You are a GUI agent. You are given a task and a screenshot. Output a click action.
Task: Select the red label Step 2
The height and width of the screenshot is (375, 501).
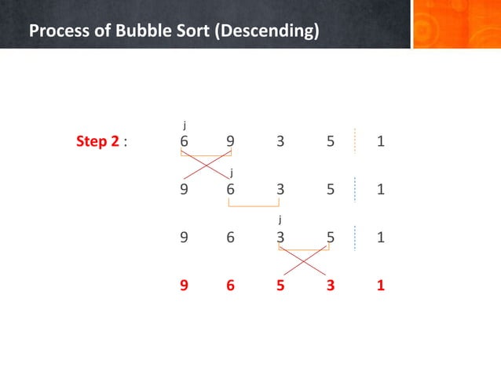click(98, 142)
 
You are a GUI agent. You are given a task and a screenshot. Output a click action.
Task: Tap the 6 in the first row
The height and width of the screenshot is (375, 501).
click(184, 142)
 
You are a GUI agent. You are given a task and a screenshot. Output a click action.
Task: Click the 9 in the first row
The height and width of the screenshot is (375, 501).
click(230, 142)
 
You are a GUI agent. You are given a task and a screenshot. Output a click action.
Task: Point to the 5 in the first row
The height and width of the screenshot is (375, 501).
click(331, 142)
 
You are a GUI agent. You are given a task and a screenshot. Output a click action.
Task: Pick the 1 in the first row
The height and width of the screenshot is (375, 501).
click(380, 142)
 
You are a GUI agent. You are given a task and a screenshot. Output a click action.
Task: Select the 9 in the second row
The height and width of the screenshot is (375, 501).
click(184, 189)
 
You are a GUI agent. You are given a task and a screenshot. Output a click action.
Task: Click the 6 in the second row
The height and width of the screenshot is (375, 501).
click(230, 189)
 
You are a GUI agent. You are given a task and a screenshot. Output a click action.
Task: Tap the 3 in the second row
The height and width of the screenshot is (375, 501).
click(280, 189)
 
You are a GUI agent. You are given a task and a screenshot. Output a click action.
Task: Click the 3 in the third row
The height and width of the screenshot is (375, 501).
click(280, 238)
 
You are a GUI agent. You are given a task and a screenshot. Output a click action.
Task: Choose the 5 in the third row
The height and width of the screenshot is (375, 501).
click(331, 238)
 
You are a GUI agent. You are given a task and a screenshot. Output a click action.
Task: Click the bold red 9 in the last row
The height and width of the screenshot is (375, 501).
click(184, 286)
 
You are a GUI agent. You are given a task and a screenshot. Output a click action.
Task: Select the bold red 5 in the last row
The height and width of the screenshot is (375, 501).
click(280, 286)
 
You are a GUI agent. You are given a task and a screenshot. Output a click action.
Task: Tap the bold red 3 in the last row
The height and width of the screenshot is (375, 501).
click(331, 286)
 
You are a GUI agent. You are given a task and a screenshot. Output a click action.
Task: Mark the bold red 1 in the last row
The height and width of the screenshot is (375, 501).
click(380, 286)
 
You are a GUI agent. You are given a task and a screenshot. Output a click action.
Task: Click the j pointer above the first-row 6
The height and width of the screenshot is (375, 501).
click(185, 124)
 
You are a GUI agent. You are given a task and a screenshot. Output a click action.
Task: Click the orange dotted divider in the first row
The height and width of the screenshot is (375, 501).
click(355, 141)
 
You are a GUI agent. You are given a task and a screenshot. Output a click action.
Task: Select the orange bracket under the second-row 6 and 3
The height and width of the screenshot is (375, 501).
click(254, 206)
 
